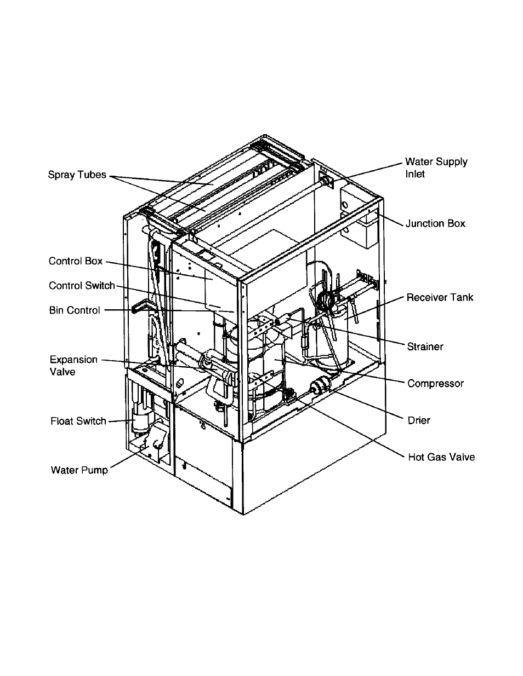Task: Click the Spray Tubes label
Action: pos(77,175)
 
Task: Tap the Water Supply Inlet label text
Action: pos(436,167)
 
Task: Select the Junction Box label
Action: pos(435,223)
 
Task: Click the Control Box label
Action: pos(76,261)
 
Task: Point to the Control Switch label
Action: pos(82,286)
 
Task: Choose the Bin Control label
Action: pos(75,310)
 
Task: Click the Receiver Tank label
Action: pos(440,298)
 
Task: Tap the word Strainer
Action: pos(425,346)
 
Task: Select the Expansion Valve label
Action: pos(73,365)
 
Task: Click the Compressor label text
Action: pos(435,383)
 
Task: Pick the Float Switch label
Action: pos(78,421)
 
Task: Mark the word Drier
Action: pos(419,420)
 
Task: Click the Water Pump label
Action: pos(79,470)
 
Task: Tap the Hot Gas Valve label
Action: pos(441,457)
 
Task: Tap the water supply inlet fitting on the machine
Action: pos(325,180)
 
